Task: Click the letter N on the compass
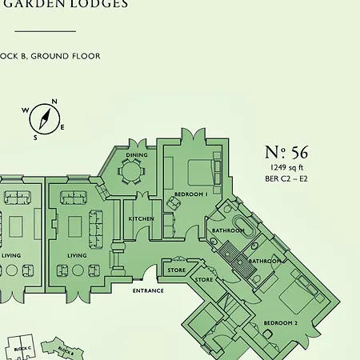pos(54,102)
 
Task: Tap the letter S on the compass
pos(35,137)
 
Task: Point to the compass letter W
pos(25,110)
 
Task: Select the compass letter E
pos(62,128)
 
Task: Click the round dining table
pos(130,170)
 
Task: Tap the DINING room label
pos(137,154)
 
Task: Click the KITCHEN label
pos(141,218)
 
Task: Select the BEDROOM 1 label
pos(190,194)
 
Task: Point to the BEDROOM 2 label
pos(280,323)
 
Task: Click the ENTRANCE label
pos(148,290)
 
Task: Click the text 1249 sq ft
pos(286,167)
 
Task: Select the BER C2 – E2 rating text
pos(286,178)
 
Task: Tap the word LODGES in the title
pos(100,4)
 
